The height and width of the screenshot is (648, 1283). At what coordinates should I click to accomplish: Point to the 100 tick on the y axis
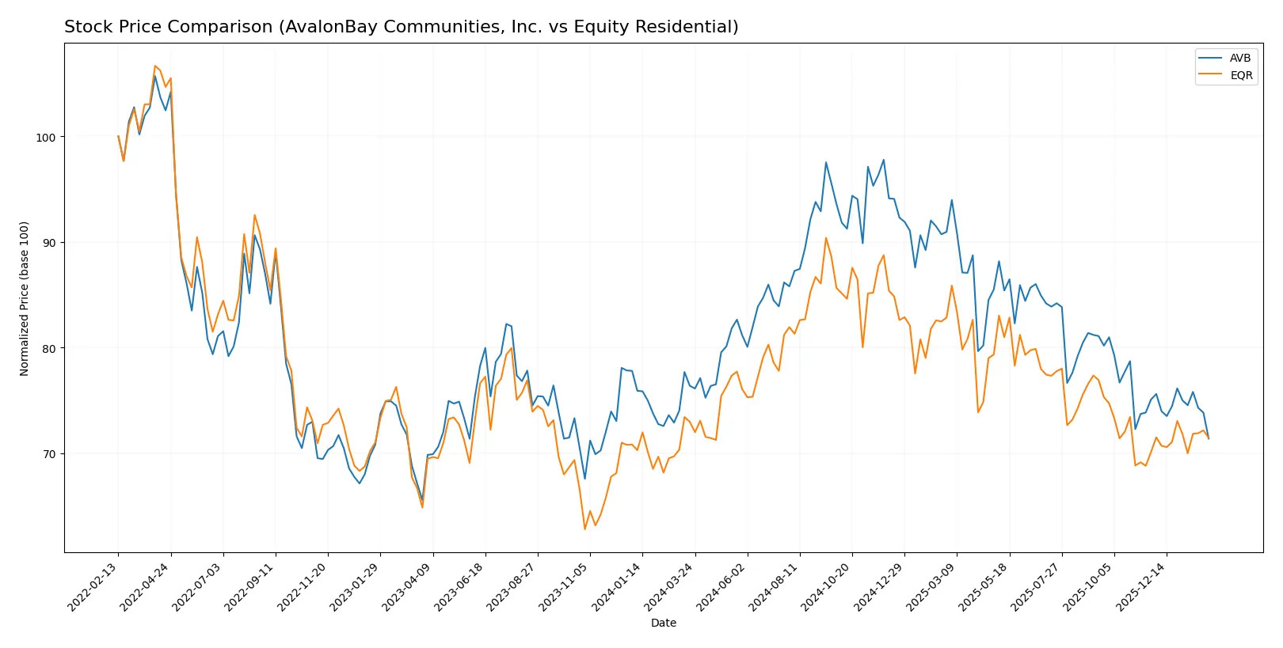46,138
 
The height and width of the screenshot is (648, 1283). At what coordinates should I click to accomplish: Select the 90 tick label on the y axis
49,243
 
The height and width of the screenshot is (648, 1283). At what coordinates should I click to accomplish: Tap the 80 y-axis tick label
49,348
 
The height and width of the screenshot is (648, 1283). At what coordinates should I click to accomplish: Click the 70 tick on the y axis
49,454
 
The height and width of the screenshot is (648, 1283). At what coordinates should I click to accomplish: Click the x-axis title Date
663,623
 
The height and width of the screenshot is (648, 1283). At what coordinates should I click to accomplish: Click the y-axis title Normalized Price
25,298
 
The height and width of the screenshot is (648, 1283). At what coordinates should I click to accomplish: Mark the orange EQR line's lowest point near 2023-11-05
585,529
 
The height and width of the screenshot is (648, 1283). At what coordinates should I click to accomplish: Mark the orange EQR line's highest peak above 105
154,66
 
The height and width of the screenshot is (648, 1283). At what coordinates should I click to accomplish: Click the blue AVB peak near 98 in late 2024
884,160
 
